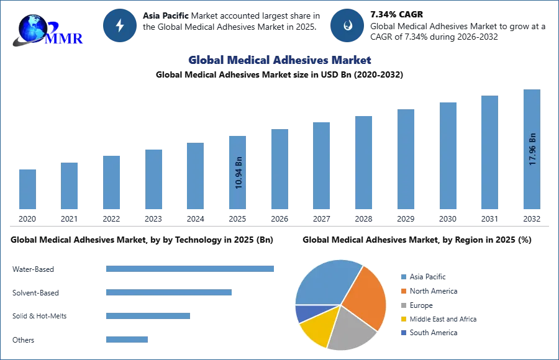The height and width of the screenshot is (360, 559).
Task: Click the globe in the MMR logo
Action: (32, 28)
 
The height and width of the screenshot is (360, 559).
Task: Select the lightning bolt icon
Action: (120, 25)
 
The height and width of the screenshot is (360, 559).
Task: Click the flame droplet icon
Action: (347, 25)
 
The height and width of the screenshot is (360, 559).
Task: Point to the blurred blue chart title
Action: (279, 60)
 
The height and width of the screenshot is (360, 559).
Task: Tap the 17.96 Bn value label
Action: (532, 148)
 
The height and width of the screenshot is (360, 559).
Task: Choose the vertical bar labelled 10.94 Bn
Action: (238, 174)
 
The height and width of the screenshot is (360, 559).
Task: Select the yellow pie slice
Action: (316, 329)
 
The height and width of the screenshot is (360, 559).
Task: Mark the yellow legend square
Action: (403, 318)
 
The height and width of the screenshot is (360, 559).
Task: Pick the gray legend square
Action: (403, 305)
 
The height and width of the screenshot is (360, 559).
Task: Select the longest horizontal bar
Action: (191, 268)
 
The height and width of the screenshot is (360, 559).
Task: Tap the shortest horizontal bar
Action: (127, 338)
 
